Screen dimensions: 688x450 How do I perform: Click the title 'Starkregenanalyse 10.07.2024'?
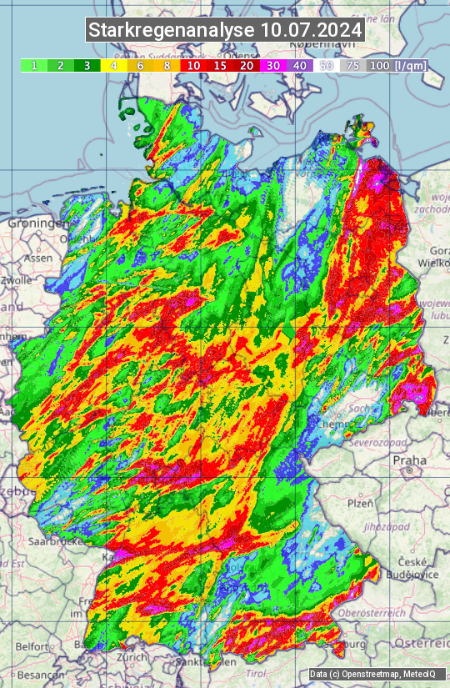point(225,30)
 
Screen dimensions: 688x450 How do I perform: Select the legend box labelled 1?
point(33,65)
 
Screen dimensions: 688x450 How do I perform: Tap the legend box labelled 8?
point(167,65)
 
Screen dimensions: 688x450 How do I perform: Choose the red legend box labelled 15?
point(220,65)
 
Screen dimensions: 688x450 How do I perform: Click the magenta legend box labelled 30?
point(273,65)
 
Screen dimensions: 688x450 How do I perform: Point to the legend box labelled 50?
point(327,65)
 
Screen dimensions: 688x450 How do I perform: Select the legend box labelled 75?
point(353,65)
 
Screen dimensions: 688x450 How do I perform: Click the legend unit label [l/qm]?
point(408,65)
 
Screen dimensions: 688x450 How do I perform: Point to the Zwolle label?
point(17,280)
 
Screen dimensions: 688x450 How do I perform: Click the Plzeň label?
point(359,503)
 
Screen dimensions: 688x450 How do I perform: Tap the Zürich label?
point(132,657)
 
